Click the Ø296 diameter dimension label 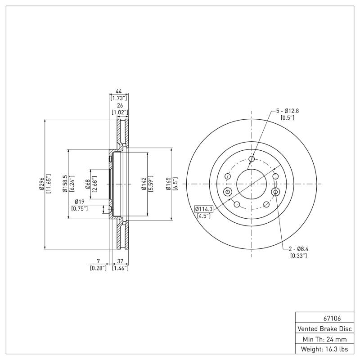point(41,184)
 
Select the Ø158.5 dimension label point(65,184)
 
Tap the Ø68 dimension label point(88,184)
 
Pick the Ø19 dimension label point(80,202)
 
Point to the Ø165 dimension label point(168,184)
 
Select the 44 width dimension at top point(119,91)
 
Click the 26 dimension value point(119,105)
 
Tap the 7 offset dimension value point(98,261)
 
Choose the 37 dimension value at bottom point(120,261)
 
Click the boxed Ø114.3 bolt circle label point(205,208)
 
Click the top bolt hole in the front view point(252,159)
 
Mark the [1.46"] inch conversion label point(120,268)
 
